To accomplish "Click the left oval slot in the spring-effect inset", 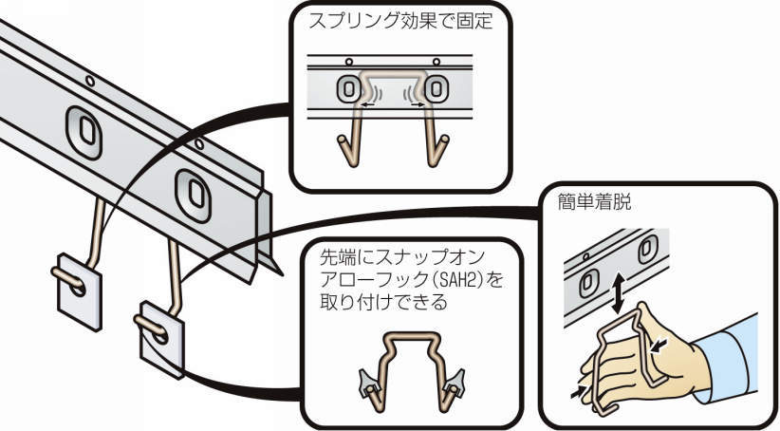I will pyautogui.click(x=347, y=89).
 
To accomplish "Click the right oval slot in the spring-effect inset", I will pyautogui.click(x=436, y=89).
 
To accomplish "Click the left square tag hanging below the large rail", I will pyautogui.click(x=79, y=288).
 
